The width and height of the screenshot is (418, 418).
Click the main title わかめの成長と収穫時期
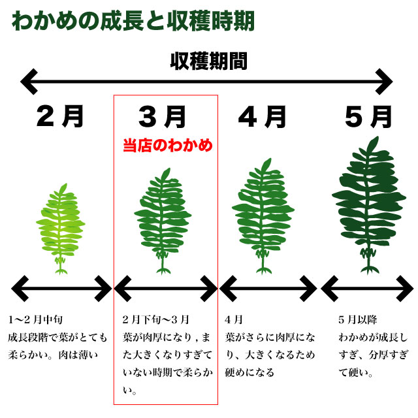tap(133, 21)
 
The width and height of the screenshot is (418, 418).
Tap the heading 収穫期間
tap(209, 61)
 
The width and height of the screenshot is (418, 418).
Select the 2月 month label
tap(60, 116)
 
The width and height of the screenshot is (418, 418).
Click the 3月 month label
tap(162, 117)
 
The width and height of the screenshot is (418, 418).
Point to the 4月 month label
tap(262, 117)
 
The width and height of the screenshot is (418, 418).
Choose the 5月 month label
tap(368, 117)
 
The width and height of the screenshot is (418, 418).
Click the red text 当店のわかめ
tap(168, 146)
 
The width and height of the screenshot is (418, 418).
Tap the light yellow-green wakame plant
tap(61, 229)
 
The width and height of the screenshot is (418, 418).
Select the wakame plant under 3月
tap(163, 221)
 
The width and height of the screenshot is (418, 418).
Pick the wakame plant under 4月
tap(263, 216)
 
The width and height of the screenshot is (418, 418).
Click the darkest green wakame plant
tap(369, 206)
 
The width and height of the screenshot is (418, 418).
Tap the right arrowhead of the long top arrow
tap(384, 82)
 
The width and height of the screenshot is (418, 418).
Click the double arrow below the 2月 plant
tap(61, 289)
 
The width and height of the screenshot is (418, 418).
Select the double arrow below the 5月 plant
tap(367, 289)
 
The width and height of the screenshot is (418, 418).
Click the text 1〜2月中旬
tap(35, 319)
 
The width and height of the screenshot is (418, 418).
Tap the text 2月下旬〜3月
tap(156, 319)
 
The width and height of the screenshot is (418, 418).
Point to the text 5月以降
tap(357, 319)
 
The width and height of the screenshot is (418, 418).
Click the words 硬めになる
tap(249, 372)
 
